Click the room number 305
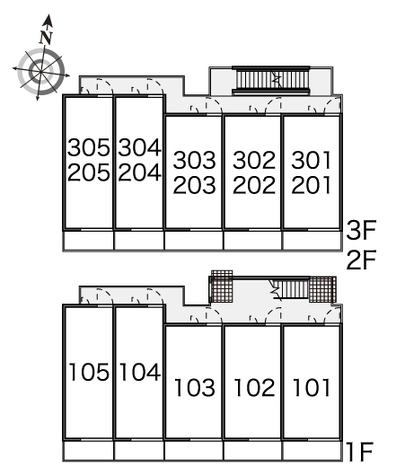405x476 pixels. (89, 147)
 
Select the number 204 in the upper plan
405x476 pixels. (139, 172)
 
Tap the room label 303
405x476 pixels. (194, 160)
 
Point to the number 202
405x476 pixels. (254, 185)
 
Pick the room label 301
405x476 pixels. (312, 160)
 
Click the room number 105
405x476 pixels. (89, 372)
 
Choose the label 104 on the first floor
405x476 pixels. (140, 372)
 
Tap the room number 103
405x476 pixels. (195, 387)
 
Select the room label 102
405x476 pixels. (254, 387)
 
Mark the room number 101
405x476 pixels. (312, 387)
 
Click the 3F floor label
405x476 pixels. (361, 230)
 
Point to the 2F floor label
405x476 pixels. (361, 260)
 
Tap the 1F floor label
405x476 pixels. (360, 452)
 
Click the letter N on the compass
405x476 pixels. (46, 37)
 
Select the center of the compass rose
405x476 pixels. (40, 72)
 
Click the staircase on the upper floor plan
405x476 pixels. (271, 80)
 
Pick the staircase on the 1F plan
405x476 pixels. (292, 289)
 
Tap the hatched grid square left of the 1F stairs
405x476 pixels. (222, 286)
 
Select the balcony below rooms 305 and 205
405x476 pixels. (88, 241)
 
